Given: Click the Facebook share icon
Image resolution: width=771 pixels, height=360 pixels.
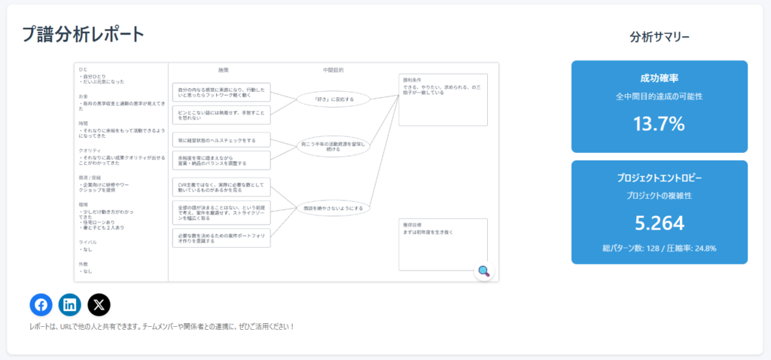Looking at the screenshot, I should pyautogui.click(x=41, y=304).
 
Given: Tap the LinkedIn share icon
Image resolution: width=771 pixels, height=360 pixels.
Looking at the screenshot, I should pyautogui.click(x=70, y=304).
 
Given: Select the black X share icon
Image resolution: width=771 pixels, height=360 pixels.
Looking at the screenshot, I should pyautogui.click(x=99, y=304).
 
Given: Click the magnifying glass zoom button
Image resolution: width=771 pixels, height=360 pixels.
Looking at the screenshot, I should pyautogui.click(x=484, y=271).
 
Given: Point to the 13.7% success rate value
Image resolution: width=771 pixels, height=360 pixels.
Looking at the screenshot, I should pyautogui.click(x=659, y=124).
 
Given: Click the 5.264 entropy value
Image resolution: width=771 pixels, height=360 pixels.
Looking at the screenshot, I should pyautogui.click(x=659, y=223).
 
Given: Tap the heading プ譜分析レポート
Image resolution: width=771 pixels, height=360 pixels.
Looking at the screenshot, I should pyautogui.click(x=83, y=34).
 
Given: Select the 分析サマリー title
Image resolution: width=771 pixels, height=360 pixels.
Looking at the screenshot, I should pyautogui.click(x=660, y=36).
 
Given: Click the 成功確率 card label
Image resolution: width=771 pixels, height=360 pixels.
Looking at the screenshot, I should pyautogui.click(x=660, y=78).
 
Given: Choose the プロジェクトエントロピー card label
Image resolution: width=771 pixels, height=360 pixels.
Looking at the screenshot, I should pyautogui.click(x=660, y=178).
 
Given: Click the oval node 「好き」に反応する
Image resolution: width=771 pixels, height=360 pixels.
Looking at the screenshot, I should pyautogui.click(x=333, y=99).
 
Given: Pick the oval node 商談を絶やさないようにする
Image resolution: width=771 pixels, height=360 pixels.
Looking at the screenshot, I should pyautogui.click(x=333, y=208).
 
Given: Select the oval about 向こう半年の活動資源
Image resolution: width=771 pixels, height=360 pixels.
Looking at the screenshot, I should pyautogui.click(x=333, y=145).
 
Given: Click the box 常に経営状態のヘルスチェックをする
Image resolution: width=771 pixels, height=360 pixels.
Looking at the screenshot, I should pyautogui.click(x=221, y=140).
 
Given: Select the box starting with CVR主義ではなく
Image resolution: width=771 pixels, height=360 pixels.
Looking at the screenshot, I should pyautogui.click(x=221, y=187).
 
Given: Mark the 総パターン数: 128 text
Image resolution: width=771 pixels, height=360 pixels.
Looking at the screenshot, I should pyautogui.click(x=629, y=247).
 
